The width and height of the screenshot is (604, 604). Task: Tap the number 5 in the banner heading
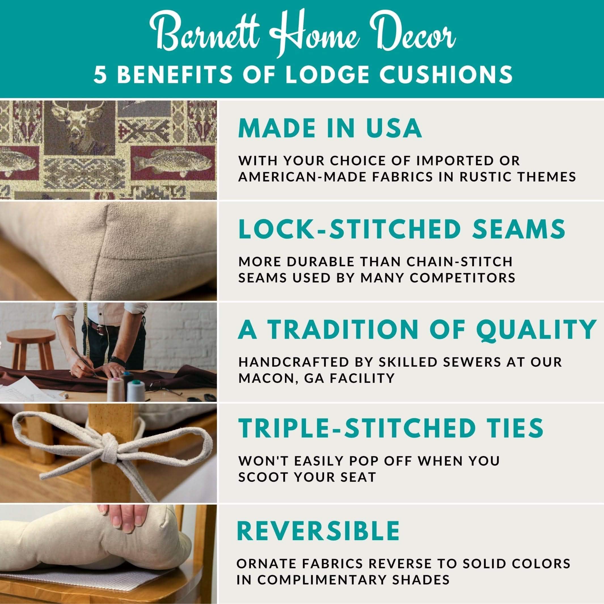coord(101,75)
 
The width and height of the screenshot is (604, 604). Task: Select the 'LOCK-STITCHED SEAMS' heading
coord(402,229)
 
